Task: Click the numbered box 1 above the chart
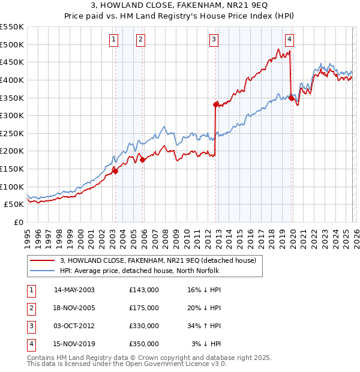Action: coord(114,40)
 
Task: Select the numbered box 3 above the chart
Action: coord(214,40)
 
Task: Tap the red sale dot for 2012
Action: coord(215,104)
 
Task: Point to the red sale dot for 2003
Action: coord(115,171)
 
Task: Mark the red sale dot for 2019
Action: coord(291,98)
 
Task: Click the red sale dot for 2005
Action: coord(142,160)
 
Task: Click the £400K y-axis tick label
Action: coord(12,80)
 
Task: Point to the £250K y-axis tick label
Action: coord(12,133)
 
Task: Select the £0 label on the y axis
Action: coord(18,222)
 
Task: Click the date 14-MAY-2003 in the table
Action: coord(74,290)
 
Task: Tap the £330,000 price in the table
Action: coord(144,326)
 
